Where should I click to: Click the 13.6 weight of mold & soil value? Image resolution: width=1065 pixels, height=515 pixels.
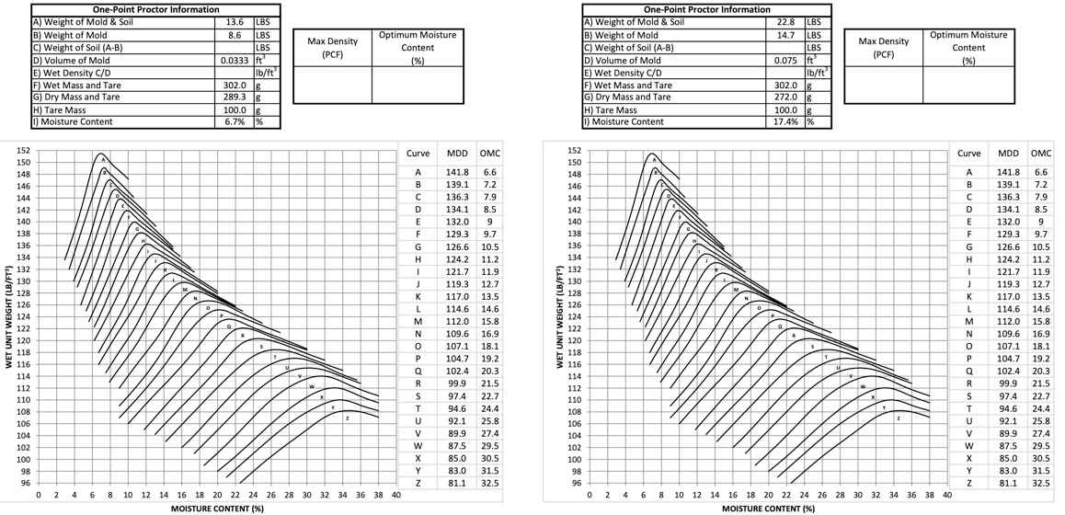[234, 21]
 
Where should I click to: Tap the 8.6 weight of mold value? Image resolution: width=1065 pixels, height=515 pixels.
[234, 34]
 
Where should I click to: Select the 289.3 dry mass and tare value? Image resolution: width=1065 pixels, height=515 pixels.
[234, 97]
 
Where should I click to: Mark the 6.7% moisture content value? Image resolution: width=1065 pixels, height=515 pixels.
[235, 121]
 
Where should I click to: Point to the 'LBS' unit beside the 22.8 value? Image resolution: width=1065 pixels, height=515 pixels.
[814, 21]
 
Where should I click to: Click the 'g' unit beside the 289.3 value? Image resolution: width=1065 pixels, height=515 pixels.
[258, 97]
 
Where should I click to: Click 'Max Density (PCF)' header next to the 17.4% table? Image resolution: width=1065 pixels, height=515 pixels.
[883, 47]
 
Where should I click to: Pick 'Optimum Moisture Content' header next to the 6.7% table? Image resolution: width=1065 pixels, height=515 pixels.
[417, 47]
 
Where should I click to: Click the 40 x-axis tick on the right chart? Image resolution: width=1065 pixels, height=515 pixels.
[946, 494]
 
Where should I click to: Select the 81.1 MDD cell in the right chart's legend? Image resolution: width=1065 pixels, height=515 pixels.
[1008, 483]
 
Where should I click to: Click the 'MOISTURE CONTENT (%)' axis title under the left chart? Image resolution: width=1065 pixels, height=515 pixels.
[217, 507]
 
